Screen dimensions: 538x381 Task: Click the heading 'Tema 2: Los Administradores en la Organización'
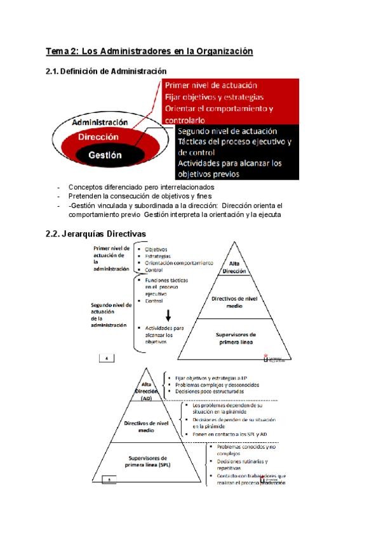point(149,51)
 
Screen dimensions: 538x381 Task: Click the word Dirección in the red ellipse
point(98,136)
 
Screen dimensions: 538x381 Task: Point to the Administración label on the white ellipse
point(99,122)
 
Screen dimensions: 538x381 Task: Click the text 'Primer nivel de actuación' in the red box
point(211,85)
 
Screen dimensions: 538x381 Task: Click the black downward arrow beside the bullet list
point(169,315)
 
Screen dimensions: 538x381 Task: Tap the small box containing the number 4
point(106,358)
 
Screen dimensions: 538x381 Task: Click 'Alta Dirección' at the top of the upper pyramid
point(234,267)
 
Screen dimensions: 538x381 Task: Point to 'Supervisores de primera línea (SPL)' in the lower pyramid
point(147,461)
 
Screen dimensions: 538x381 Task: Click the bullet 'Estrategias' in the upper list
point(158,256)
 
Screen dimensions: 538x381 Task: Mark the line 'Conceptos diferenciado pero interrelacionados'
point(141,187)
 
